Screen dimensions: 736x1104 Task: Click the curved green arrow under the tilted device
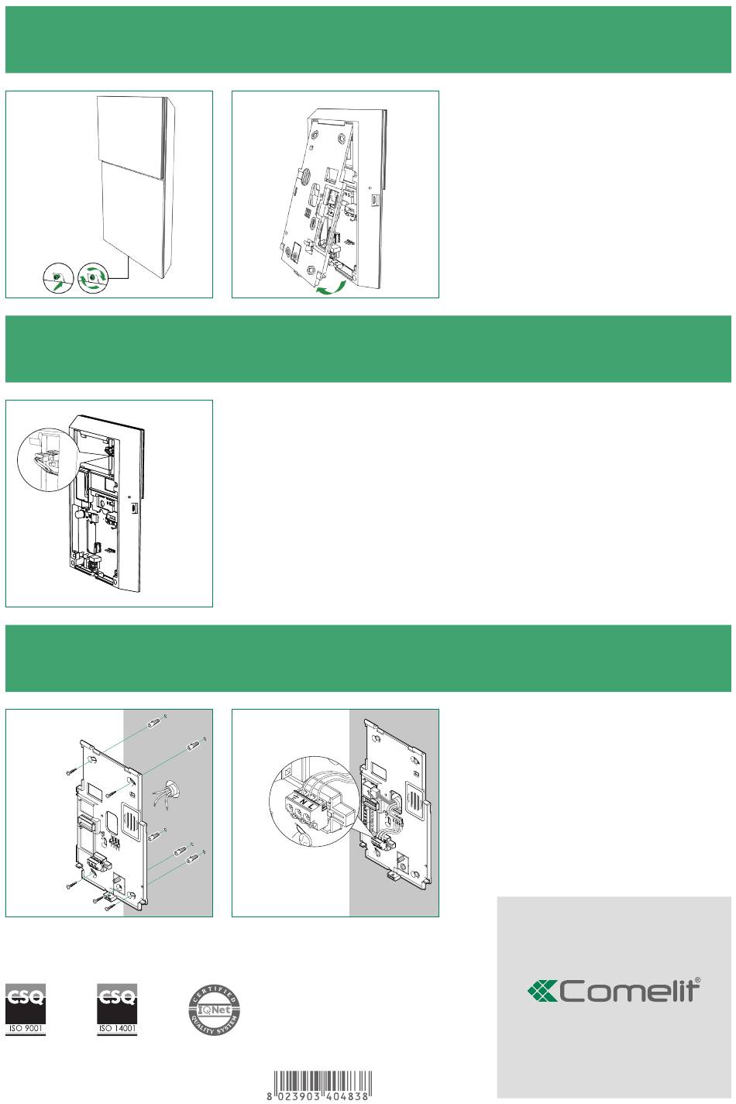coord(331,287)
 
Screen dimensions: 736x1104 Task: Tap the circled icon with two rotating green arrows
coord(93,277)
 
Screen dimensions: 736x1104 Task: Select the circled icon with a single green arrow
coord(58,277)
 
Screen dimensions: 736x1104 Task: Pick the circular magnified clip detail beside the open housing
coord(48,459)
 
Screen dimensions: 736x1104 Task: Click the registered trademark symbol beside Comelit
coord(697,981)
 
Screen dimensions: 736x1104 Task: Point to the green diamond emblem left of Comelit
coord(542,991)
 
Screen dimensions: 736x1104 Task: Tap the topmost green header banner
coord(368,40)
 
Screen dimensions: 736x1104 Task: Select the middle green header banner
coord(368,349)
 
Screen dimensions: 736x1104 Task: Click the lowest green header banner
coord(368,659)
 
